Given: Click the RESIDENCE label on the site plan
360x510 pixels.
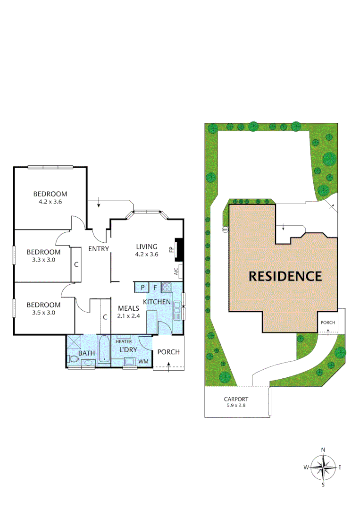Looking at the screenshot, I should point(285,276).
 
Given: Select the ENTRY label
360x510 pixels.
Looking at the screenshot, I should point(99,249).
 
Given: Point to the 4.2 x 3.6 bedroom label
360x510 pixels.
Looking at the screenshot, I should point(50,197).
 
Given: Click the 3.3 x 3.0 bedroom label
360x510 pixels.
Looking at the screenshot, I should point(43,255).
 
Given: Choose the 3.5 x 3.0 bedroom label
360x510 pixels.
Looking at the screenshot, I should point(43,308).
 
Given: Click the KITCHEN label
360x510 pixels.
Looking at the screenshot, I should point(157,301).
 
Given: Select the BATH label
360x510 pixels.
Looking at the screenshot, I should point(87,353).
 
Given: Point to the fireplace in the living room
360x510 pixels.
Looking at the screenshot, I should point(178,249).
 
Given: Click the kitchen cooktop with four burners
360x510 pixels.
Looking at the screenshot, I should point(167,287).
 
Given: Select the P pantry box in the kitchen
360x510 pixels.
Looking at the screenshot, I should point(142,287).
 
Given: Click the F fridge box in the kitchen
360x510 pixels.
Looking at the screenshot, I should point(154,287).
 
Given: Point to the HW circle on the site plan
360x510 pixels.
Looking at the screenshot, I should point(225,230).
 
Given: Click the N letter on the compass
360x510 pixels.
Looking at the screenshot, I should point(323,450).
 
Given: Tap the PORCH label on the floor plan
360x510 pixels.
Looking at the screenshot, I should point(167,352).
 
